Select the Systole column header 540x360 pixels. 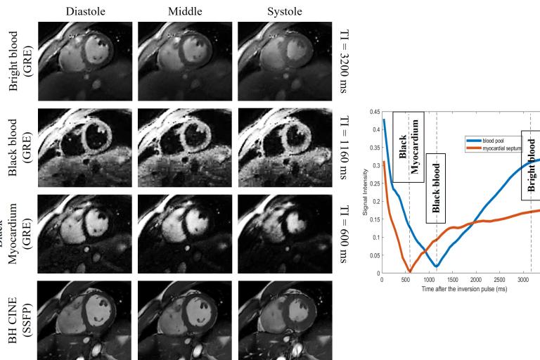click(x=285, y=11)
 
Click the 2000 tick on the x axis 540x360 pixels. click(x=476, y=279)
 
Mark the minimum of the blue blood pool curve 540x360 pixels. click(x=437, y=266)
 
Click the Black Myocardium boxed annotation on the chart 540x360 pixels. click(x=408, y=148)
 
